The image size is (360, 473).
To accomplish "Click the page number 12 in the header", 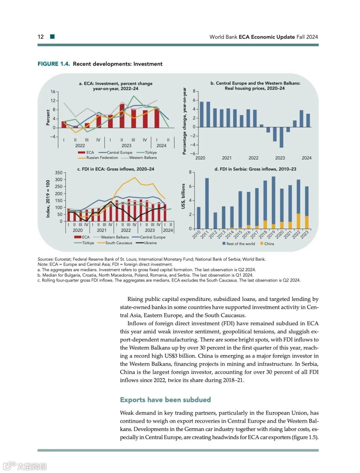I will (x=41, y=37).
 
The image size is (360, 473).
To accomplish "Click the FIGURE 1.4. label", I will (x=54, y=64).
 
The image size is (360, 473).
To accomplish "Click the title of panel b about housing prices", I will (x=255, y=86).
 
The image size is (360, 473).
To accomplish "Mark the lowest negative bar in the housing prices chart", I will (x=281, y=137).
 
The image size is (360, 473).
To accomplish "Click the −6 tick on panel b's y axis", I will (x=193, y=153).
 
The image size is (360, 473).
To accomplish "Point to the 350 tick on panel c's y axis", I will (x=59, y=173).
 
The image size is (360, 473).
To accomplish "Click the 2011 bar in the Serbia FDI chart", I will (x=207, y=203).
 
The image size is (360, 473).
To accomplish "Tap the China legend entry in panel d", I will (x=269, y=244).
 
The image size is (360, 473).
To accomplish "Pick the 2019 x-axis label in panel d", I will (x=271, y=234).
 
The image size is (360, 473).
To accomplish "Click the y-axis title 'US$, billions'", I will (x=183, y=196).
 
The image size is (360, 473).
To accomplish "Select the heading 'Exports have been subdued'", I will (x=165, y=400).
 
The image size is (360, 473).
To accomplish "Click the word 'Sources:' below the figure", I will (x=45, y=259).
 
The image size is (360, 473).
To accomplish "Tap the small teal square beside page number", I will (x=52, y=37).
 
